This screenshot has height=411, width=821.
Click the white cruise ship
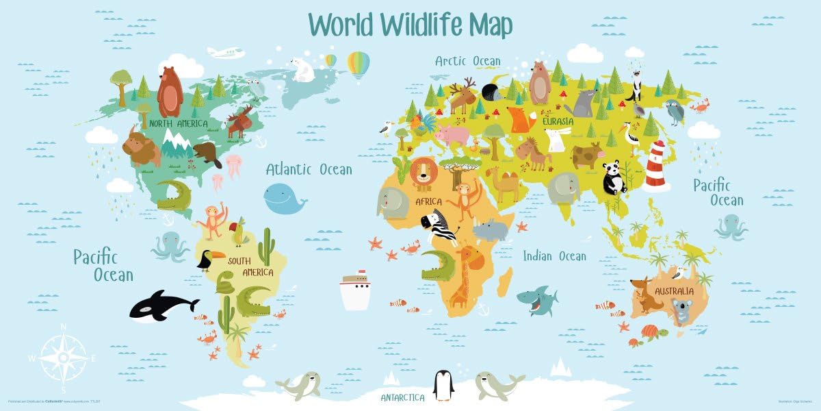pos(354,291)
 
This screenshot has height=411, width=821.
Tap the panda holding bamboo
pos(614,177)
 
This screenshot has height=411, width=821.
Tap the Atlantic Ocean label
pos(309,169)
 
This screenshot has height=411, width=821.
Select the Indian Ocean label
pos(554,256)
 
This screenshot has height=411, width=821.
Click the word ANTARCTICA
pos(402,398)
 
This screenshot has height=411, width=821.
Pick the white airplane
pos(226,52)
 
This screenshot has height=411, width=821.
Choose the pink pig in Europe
pos(452,135)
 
